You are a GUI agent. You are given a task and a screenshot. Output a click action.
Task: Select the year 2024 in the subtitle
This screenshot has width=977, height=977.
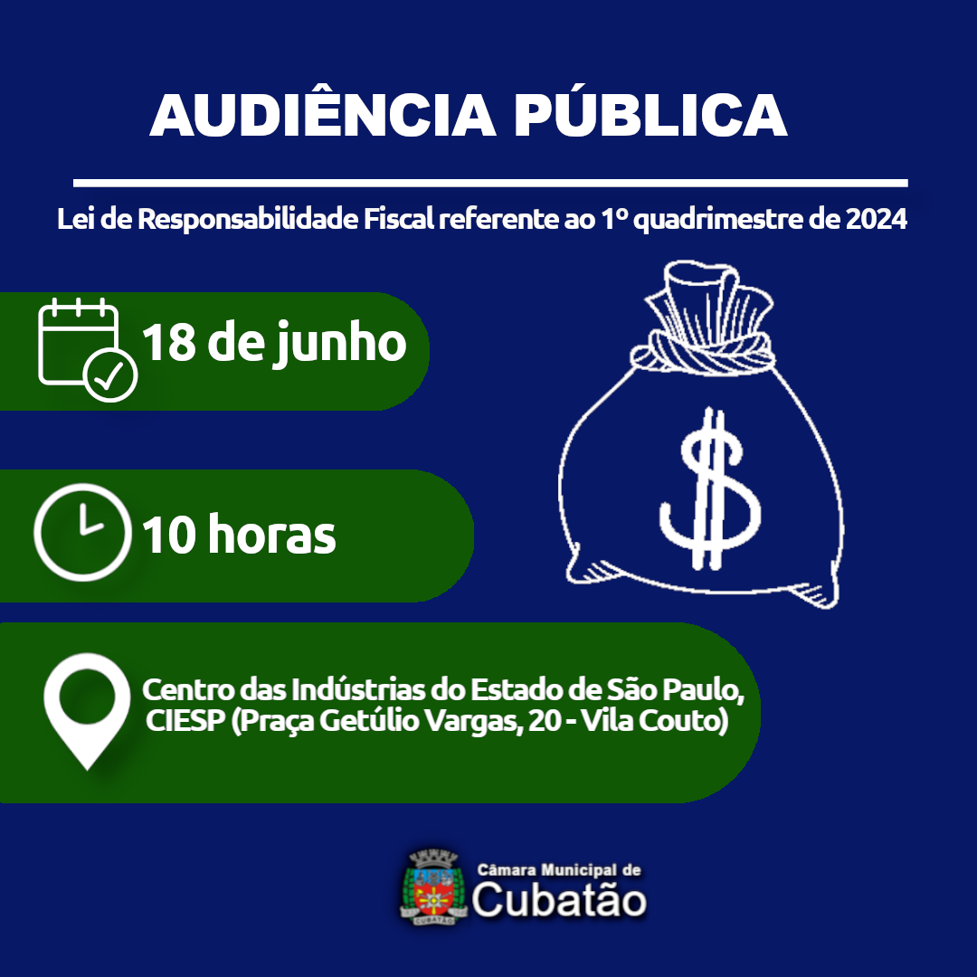tap(877, 220)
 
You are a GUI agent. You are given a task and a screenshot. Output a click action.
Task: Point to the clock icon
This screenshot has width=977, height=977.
tap(81, 533)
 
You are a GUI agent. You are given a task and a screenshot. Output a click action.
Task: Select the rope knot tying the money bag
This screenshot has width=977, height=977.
tap(710, 352)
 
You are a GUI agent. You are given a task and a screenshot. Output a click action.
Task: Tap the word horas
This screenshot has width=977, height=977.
tap(271, 536)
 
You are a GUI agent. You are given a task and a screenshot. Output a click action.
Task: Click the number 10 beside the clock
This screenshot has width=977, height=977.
tap(169, 536)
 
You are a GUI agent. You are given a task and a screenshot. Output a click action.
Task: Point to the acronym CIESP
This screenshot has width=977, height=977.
tap(184, 724)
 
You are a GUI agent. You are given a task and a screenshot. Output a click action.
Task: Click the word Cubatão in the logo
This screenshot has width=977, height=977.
tap(559, 901)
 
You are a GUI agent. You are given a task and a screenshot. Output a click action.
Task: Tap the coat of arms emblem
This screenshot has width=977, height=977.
tap(433, 887)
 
